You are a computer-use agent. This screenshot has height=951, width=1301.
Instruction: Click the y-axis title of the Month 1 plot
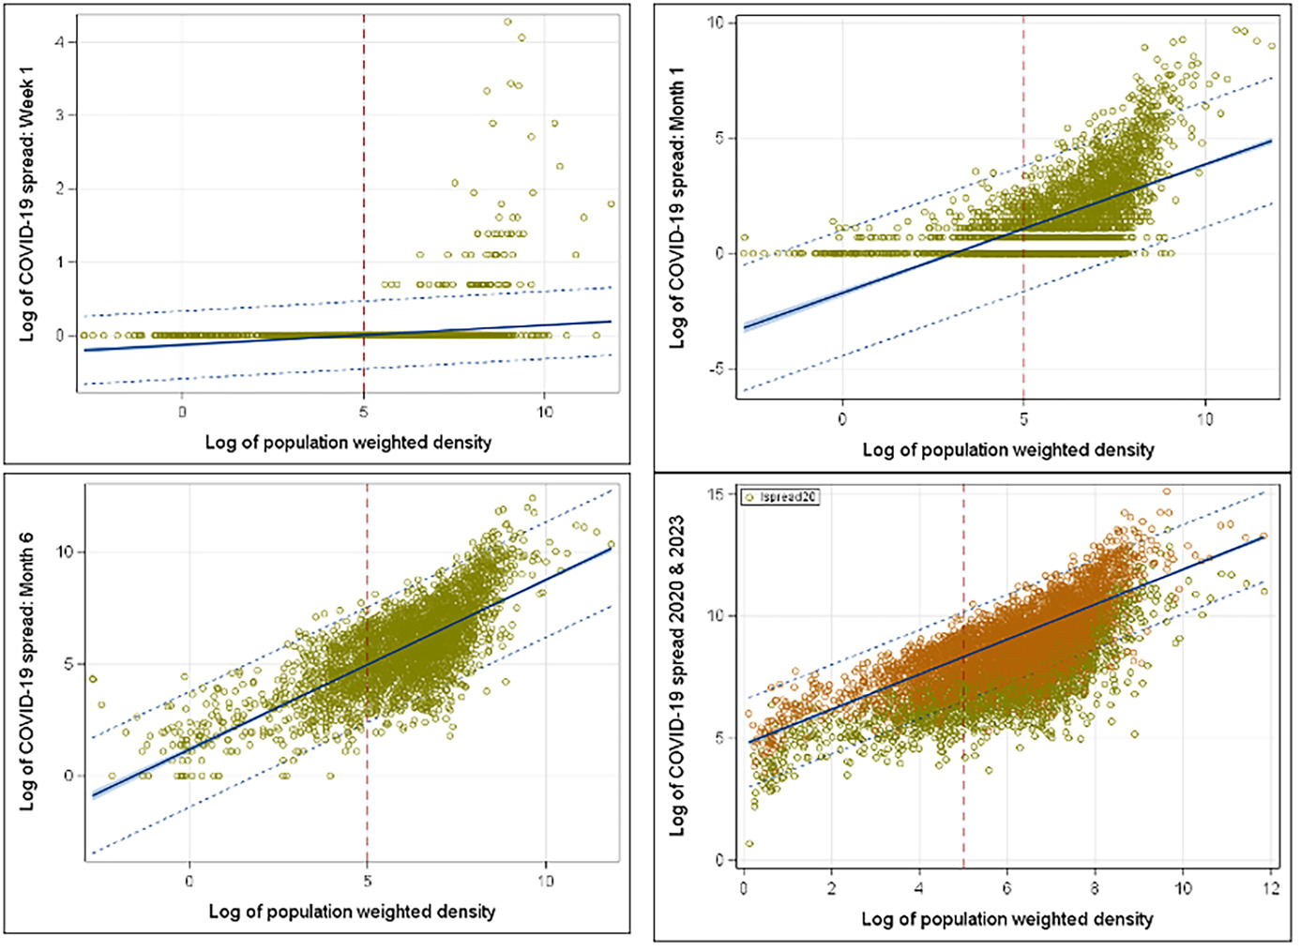[x=676, y=208]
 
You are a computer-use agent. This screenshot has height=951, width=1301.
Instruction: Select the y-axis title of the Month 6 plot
[x=27, y=672]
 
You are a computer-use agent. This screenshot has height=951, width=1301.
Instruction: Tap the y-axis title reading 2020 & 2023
[x=676, y=675]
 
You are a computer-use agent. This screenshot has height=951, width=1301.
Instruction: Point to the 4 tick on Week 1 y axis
[x=59, y=42]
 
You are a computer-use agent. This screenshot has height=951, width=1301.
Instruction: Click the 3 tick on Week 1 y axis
[x=59, y=115]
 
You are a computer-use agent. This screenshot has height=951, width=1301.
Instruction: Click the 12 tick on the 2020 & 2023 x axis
[x=1270, y=888]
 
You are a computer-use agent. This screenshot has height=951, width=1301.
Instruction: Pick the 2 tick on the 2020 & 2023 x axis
[x=831, y=888]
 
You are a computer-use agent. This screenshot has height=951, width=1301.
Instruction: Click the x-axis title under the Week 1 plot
[x=348, y=443]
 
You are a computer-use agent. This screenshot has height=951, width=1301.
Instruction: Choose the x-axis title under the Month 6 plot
[x=352, y=911]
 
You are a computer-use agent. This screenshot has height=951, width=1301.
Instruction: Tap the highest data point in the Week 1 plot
[x=507, y=22]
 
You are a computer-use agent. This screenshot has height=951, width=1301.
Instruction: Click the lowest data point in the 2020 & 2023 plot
[x=749, y=843]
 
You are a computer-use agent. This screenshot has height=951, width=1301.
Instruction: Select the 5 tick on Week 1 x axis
[x=364, y=412]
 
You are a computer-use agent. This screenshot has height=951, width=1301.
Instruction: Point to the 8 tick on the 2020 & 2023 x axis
[x=1095, y=888]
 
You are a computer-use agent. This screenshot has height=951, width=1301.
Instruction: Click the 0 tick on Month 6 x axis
[x=189, y=881]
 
